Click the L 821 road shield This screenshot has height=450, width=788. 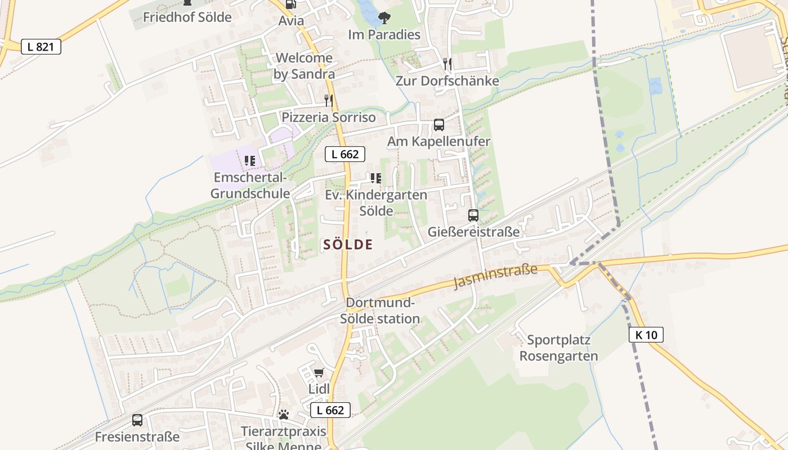(x=41, y=47)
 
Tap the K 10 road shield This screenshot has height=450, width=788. (x=646, y=335)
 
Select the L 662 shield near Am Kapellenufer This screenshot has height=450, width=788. (x=344, y=154)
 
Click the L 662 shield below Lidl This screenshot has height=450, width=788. (x=330, y=410)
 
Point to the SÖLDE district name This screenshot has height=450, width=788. (x=348, y=244)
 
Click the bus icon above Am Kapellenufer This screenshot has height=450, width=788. (x=438, y=125)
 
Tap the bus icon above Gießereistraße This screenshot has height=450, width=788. (x=473, y=215)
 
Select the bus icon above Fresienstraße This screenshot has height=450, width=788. (x=137, y=420)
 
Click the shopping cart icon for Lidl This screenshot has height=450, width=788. (x=319, y=372)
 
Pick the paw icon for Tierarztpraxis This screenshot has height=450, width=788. (x=284, y=415)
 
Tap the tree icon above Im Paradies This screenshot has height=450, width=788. (x=384, y=18)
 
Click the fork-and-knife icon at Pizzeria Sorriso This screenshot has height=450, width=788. (x=328, y=101)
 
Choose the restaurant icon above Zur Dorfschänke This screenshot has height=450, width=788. (x=447, y=64)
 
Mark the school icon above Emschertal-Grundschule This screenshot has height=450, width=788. (x=250, y=161)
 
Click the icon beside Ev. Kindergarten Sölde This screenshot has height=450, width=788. (x=375, y=178)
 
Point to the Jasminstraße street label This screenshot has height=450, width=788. (x=495, y=277)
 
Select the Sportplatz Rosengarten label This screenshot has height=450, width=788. (x=558, y=348)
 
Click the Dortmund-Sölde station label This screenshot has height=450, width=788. (x=380, y=310)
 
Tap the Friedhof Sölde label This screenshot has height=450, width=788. (x=187, y=17)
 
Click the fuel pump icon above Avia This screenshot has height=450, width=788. (x=290, y=4)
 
